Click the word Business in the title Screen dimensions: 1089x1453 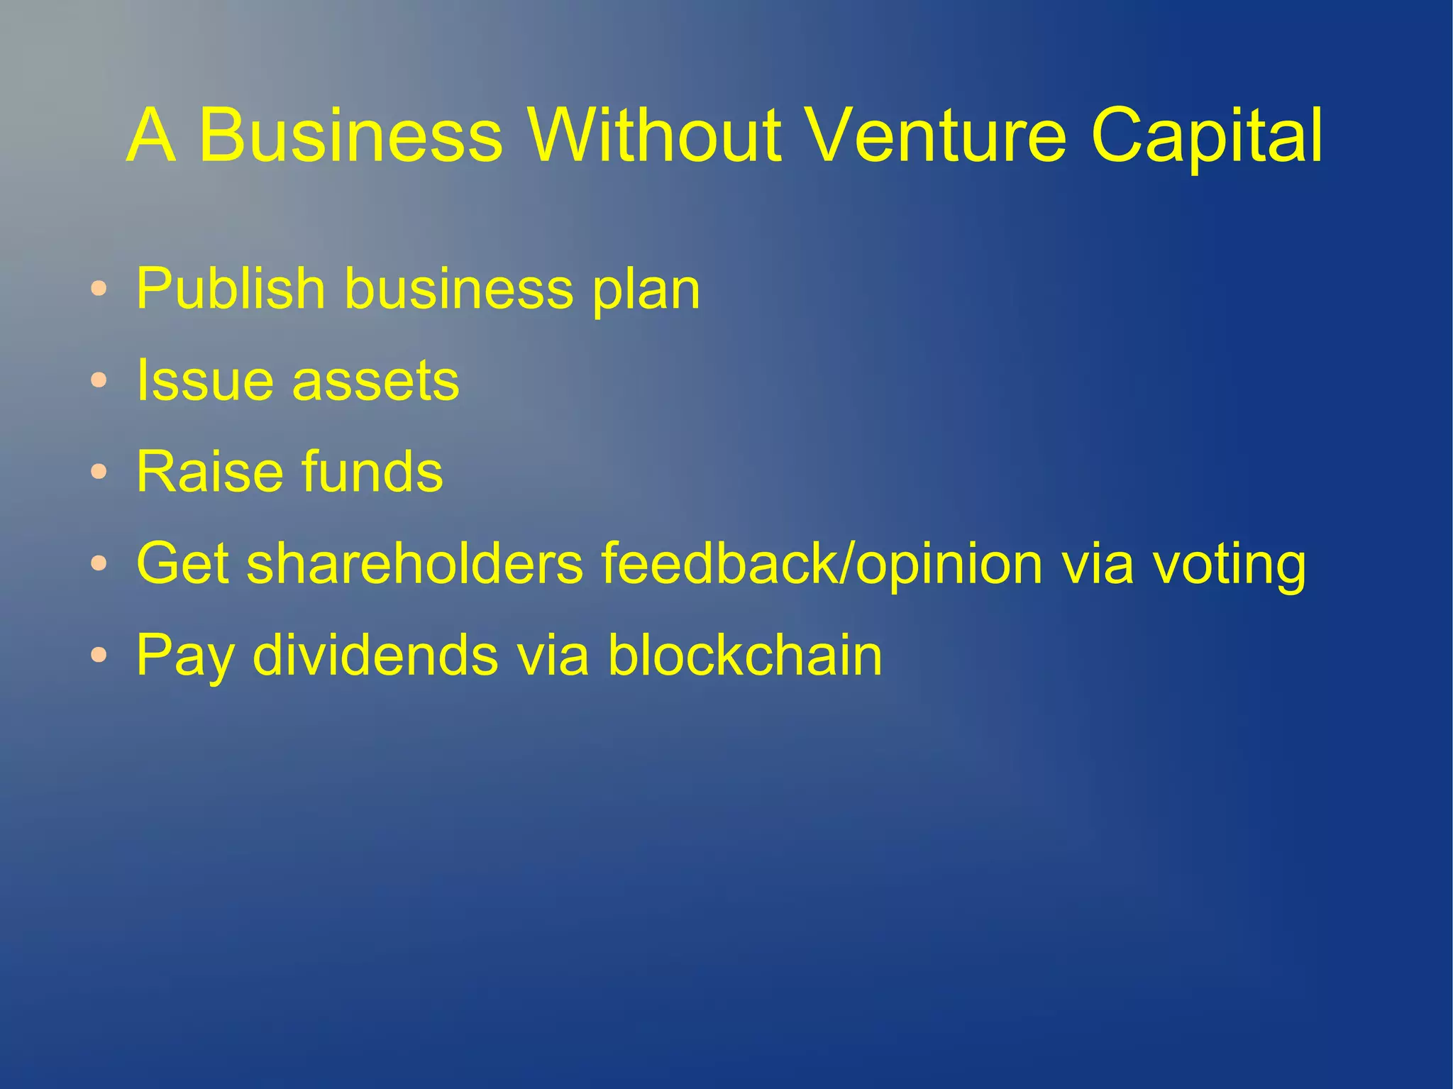point(350,135)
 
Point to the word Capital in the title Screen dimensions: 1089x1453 point(1206,135)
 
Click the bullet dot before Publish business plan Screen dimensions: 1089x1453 point(99,289)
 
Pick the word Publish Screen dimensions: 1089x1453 point(231,289)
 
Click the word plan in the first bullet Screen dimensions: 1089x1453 point(646,291)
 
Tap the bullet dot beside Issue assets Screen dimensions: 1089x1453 point(99,380)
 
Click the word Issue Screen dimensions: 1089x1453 point(205,380)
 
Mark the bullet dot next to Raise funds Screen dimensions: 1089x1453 point(99,472)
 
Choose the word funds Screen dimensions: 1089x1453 point(372,472)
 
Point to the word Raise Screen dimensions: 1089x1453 point(210,472)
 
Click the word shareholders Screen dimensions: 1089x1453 point(415,563)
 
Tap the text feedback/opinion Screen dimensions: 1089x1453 point(823,563)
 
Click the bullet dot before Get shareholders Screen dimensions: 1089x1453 point(99,563)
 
